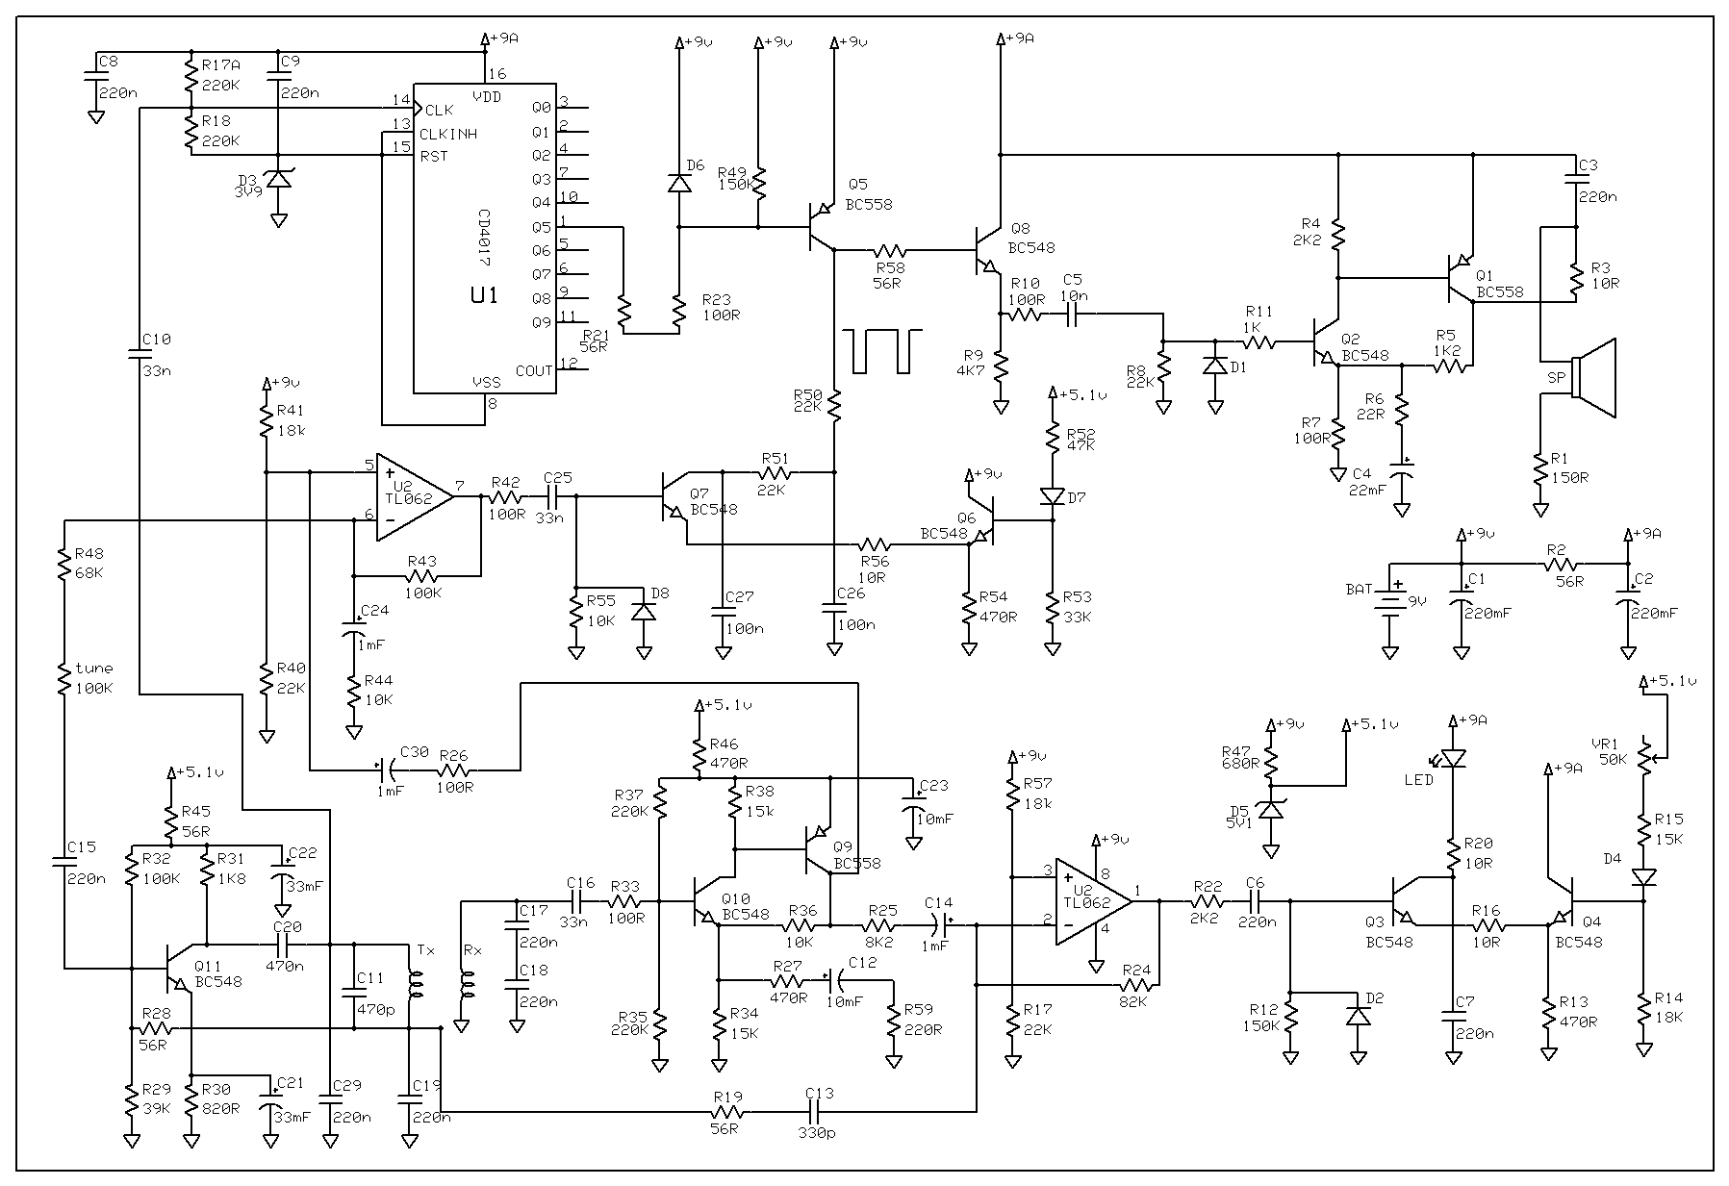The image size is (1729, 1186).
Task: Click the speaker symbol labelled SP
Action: (x=1592, y=378)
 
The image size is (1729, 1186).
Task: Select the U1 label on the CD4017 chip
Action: (x=484, y=295)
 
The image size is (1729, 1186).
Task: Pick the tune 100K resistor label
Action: (x=93, y=677)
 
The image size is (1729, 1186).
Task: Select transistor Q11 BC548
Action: (x=179, y=967)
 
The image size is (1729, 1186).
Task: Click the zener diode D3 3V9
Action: (x=278, y=180)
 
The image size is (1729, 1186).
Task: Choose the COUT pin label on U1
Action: (x=533, y=370)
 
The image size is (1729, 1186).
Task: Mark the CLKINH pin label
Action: (x=448, y=134)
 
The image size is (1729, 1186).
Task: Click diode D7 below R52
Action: (x=1054, y=497)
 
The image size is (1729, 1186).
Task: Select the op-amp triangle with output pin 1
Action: (x=1093, y=901)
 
